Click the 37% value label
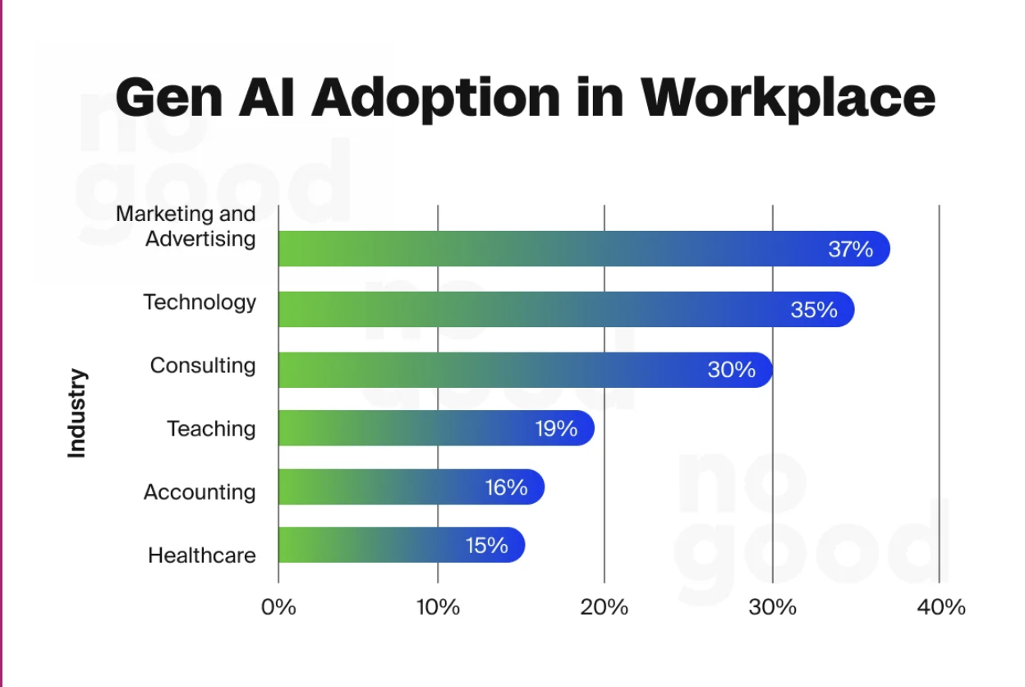pos(850,249)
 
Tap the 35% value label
pos(814,310)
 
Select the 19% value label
pos(556,428)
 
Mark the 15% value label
pos(486,545)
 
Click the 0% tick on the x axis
pos(278,607)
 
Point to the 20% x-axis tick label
pos(604,607)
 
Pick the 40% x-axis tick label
pos(941,607)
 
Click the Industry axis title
pos(76,413)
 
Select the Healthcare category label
pos(202,556)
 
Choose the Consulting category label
pos(203,365)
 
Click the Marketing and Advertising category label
pos(186,226)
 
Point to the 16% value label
pos(505,487)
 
